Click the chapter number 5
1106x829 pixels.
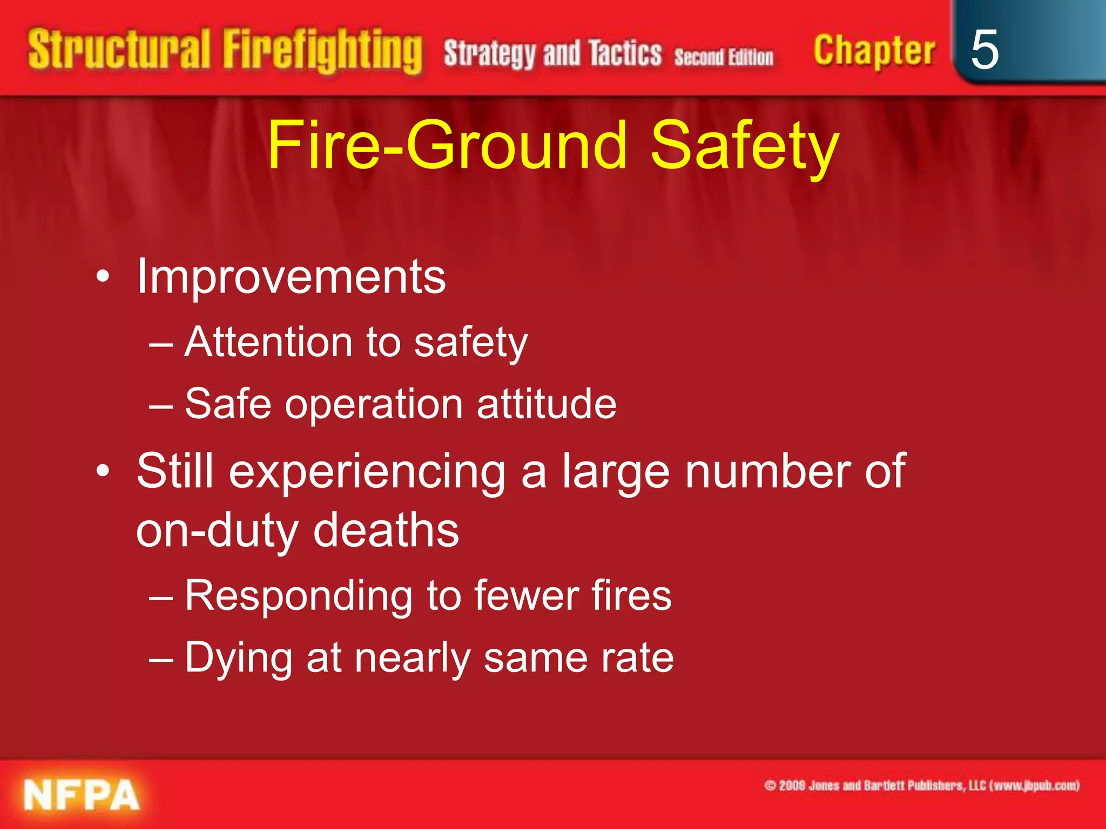(x=984, y=50)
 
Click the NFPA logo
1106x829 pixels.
(x=81, y=794)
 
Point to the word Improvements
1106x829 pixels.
(x=291, y=277)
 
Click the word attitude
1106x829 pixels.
(x=546, y=404)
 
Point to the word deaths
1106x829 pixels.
(x=386, y=531)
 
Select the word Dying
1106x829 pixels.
(x=238, y=658)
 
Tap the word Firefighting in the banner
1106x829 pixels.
(x=322, y=51)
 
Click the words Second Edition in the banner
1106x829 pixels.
(x=724, y=57)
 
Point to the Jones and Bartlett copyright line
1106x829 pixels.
(x=921, y=785)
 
